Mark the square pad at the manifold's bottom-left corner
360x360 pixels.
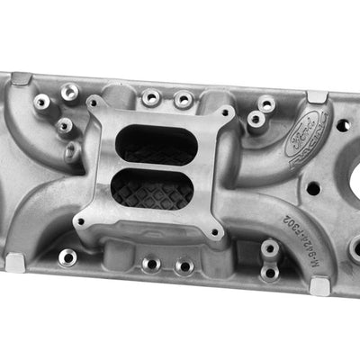click(15, 263)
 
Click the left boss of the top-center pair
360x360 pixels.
click(151, 95)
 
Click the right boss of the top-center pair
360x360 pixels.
click(184, 99)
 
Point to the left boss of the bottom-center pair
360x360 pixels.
click(151, 264)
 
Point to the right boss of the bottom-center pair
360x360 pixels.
click(184, 265)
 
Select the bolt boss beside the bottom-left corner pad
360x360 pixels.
click(67, 257)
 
